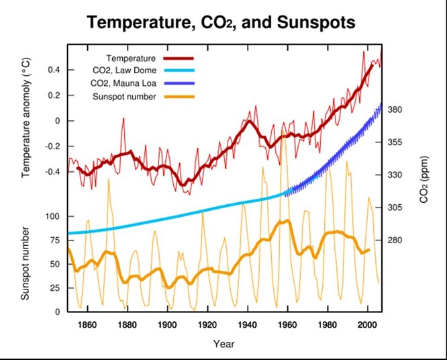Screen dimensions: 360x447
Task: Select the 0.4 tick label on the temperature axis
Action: [x=54, y=70]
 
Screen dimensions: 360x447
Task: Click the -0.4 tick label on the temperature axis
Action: [x=52, y=172]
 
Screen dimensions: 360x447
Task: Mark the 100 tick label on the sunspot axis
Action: [x=52, y=216]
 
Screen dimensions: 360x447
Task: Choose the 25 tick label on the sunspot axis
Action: [x=54, y=288]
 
